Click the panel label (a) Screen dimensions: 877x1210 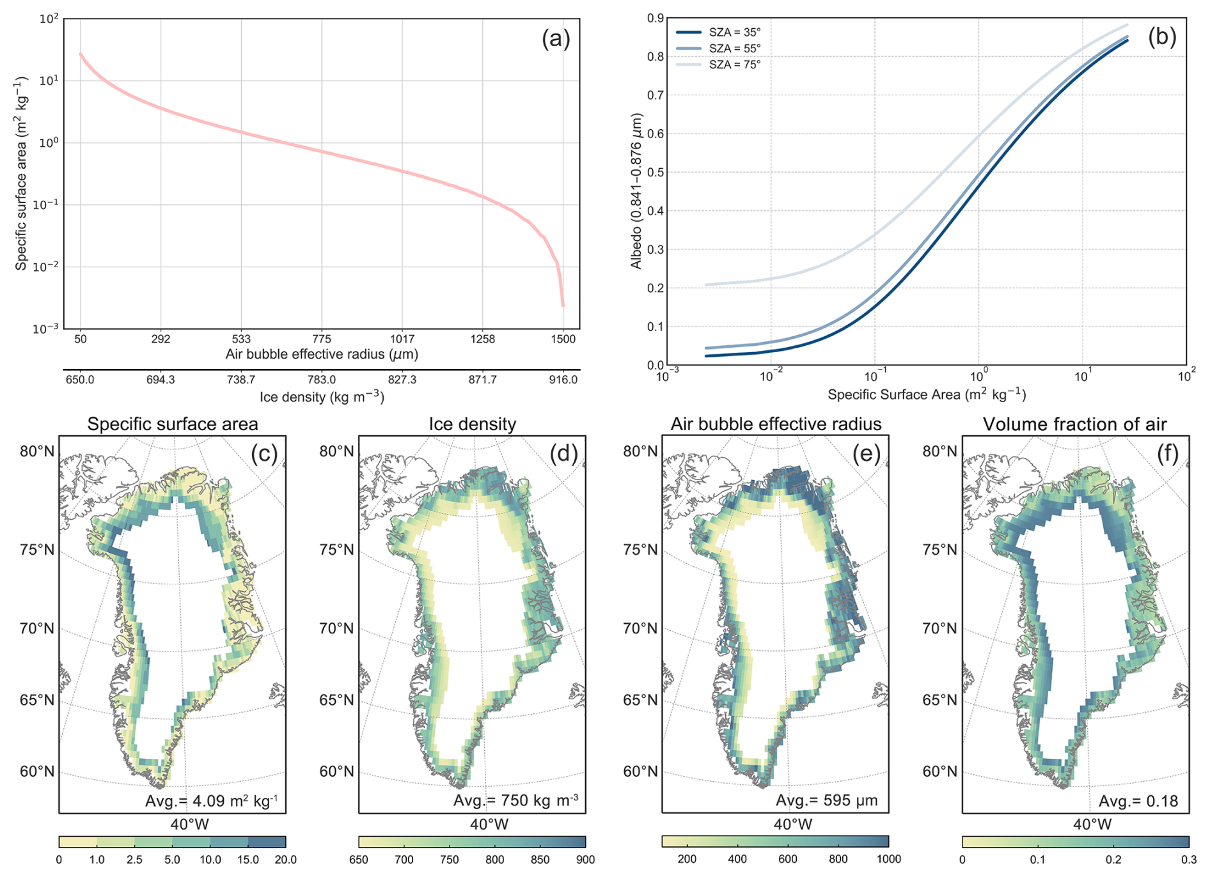point(555,40)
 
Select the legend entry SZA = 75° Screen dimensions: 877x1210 point(734,65)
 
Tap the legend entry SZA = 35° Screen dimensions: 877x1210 point(734,32)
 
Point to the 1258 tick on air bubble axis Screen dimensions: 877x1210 point(482,339)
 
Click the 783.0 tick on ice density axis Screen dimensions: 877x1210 point(322,380)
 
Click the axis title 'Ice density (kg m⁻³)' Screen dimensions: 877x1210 point(322,397)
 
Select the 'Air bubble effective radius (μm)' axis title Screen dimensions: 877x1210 point(322,354)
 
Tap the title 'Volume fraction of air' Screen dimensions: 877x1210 point(1074,424)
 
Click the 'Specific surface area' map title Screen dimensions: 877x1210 point(173,424)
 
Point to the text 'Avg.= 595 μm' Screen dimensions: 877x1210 point(826,800)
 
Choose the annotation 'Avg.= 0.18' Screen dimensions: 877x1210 point(1138,801)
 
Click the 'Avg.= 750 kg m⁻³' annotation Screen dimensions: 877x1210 point(515,800)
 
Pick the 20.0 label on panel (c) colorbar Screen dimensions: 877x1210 point(285,860)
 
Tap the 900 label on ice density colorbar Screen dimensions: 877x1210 point(585,860)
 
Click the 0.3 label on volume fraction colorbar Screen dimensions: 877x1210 point(1188,860)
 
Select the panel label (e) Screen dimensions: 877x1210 point(867,453)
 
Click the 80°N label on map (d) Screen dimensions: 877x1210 point(336,451)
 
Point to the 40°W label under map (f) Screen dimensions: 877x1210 point(1092,824)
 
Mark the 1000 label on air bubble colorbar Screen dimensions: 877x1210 point(888,859)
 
